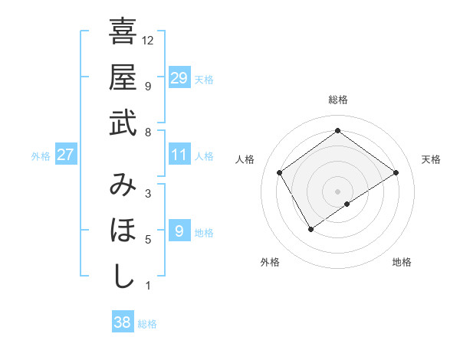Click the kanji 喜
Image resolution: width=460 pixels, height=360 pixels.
[123, 33]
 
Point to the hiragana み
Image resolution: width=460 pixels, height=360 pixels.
[123, 186]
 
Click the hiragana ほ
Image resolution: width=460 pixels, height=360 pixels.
[123, 231]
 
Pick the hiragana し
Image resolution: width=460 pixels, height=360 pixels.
[123, 276]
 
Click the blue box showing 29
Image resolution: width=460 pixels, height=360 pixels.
[179, 77]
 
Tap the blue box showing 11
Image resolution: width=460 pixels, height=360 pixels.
[179, 155]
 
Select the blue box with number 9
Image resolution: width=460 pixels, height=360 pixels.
[179, 231]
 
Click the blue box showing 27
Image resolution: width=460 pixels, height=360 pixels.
[66, 155]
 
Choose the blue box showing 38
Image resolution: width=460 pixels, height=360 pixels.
[123, 322]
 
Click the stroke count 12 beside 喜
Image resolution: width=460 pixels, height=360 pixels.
[148, 40]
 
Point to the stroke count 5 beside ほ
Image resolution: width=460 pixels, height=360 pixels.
[148, 240]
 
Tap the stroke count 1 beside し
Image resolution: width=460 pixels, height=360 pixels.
[148, 286]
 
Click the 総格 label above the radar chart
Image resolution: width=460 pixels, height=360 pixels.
[337, 100]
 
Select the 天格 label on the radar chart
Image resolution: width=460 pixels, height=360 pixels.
[431, 159]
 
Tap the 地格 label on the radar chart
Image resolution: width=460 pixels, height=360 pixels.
[402, 262]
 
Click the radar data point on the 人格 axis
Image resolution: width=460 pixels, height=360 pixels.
[280, 172]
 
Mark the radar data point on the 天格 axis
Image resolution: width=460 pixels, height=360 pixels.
[396, 172]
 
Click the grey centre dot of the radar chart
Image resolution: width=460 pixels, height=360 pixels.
[337, 191]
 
